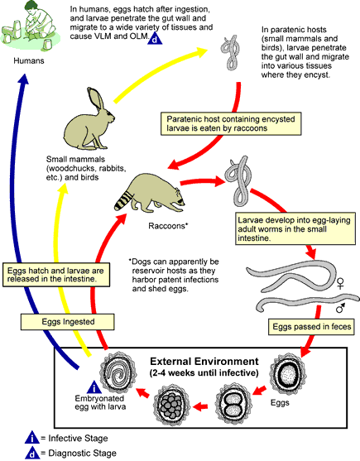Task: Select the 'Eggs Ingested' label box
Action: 68,322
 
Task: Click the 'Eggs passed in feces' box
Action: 311,327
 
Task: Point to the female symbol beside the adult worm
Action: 340,282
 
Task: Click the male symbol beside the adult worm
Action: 341,308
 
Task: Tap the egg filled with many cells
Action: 171,406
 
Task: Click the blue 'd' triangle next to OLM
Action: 155,39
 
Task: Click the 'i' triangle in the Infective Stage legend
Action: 32,438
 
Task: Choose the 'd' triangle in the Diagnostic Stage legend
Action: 32,453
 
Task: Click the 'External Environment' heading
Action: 204,362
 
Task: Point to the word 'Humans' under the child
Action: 29,61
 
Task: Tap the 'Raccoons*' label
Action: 168,226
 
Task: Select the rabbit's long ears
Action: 96,99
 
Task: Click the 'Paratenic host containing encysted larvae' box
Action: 231,124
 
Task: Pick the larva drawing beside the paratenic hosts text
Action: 230,52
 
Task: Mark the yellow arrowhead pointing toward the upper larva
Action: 201,51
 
